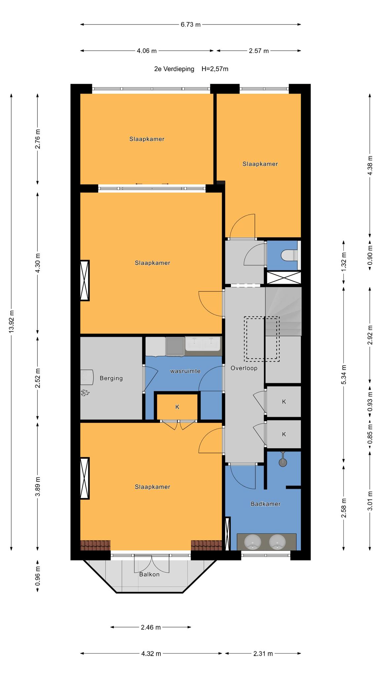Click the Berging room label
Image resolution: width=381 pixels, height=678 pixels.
pos(111,378)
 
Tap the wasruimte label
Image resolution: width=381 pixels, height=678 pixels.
pos(185,371)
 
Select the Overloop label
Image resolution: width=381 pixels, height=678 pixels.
pos(244,368)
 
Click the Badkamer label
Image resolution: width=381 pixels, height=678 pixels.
pos(266,504)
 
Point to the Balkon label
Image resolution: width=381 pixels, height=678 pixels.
pos(149,574)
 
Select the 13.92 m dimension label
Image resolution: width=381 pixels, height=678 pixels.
pos(12,322)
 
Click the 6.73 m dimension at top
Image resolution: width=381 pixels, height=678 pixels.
pos(190,24)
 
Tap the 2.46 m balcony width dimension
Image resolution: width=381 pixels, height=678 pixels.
pos(150,627)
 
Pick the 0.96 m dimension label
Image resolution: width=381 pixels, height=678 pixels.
pos(38,576)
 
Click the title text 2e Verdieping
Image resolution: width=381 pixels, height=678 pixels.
pos(174,69)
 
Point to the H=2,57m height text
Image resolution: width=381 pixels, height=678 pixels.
pos(215,69)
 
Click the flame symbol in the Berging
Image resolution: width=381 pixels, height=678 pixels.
pos(85,393)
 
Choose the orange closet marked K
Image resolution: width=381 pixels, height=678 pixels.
pos(177,407)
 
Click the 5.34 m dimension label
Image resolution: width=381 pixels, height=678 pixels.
pos(344,374)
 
